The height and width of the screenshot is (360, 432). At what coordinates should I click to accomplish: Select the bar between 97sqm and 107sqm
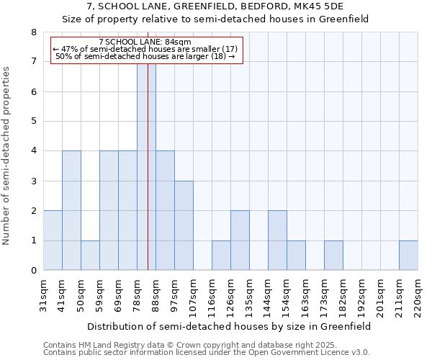point(184,225)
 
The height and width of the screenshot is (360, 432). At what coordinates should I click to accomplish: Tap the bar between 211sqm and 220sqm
point(408,255)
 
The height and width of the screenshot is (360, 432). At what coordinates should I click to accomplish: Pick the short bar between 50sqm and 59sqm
point(90,255)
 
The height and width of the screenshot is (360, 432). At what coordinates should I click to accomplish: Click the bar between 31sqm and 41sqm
point(53,240)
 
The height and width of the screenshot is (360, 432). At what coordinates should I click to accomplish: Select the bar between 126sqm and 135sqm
point(240,240)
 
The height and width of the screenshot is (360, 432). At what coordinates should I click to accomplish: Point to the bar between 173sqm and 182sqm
point(333,255)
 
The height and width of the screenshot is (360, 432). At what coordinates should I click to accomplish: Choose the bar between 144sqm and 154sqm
point(277,240)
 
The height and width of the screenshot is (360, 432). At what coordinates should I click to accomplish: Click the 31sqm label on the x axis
point(44,295)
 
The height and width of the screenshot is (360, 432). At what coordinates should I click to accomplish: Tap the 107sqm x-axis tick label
point(194,297)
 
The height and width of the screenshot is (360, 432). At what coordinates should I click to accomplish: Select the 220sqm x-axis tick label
point(418,297)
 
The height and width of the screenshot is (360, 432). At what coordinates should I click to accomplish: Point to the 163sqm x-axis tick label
point(306,297)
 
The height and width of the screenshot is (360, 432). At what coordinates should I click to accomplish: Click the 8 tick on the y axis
point(33,32)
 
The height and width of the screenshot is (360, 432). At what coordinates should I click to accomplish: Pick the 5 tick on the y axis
point(33,121)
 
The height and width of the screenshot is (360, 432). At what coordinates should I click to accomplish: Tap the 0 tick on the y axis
point(33,271)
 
